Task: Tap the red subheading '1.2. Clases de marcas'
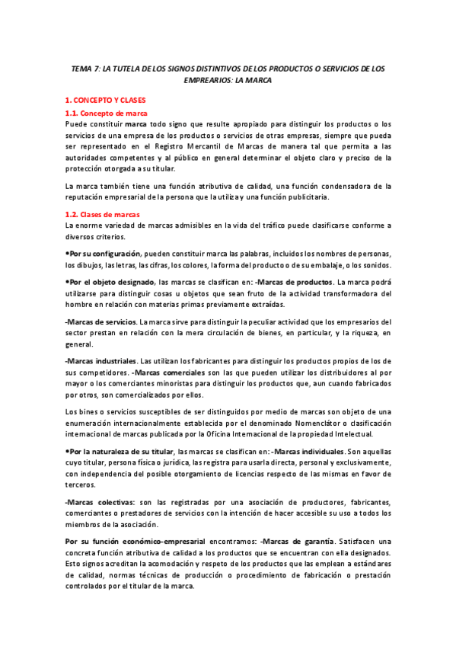pyautogui.click(x=102, y=215)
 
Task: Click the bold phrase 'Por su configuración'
pyautogui.click(x=104, y=253)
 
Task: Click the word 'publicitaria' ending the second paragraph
pyautogui.click(x=308, y=197)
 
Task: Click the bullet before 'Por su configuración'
pyautogui.click(x=67, y=253)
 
